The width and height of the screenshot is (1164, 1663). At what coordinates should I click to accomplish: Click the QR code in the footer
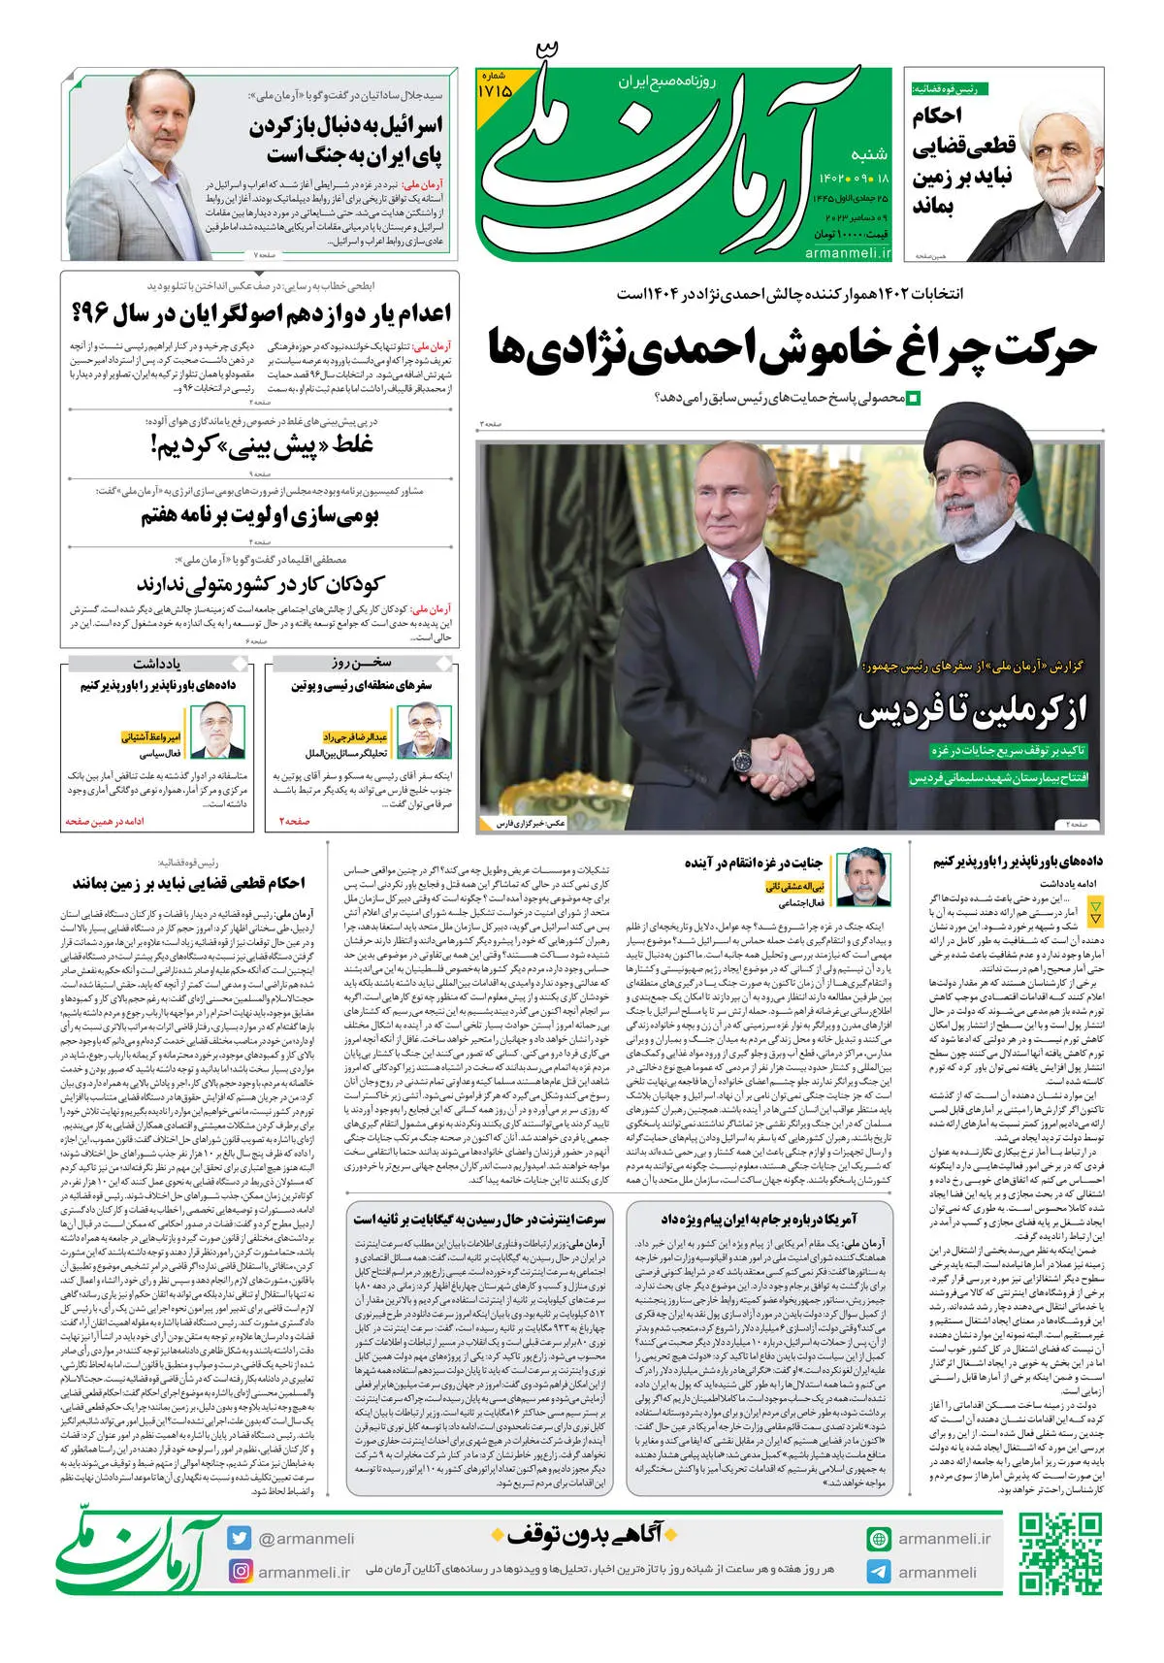click(1059, 1554)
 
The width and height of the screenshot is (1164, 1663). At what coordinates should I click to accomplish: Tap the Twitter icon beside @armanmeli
click(240, 1538)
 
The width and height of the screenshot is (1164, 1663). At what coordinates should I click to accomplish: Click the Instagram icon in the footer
click(240, 1571)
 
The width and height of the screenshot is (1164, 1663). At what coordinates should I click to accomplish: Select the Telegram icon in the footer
click(879, 1572)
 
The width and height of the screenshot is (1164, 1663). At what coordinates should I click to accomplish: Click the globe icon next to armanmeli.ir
click(879, 1539)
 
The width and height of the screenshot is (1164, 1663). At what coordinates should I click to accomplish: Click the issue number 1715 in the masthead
click(495, 88)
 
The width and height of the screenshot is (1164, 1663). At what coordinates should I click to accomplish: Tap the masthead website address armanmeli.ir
click(847, 253)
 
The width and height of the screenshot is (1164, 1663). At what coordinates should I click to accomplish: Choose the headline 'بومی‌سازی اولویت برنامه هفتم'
click(260, 516)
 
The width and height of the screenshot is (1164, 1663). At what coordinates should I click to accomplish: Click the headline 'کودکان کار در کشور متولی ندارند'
click(260, 583)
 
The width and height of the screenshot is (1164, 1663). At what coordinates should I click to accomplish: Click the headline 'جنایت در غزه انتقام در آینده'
click(753, 863)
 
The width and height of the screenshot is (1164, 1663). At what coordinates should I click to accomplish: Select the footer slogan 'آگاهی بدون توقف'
click(585, 1534)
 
